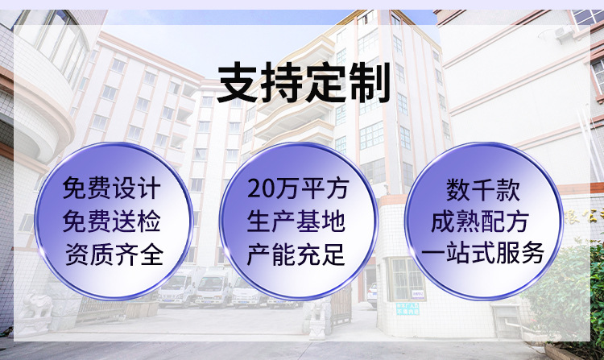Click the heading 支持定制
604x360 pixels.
point(304,84)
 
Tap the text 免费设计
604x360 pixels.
point(112,188)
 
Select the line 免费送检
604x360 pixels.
point(112,221)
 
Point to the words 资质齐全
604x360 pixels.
point(114,254)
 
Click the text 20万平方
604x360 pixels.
point(298,188)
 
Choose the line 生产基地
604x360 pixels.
point(296,221)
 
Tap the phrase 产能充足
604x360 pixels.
point(296,254)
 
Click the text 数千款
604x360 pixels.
point(483,189)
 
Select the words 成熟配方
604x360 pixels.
point(480,221)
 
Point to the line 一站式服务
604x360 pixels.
point(482,253)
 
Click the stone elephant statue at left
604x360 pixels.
point(35,305)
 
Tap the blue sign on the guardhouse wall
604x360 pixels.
point(407,308)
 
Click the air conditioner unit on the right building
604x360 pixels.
point(563,32)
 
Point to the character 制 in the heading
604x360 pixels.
point(370,84)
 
